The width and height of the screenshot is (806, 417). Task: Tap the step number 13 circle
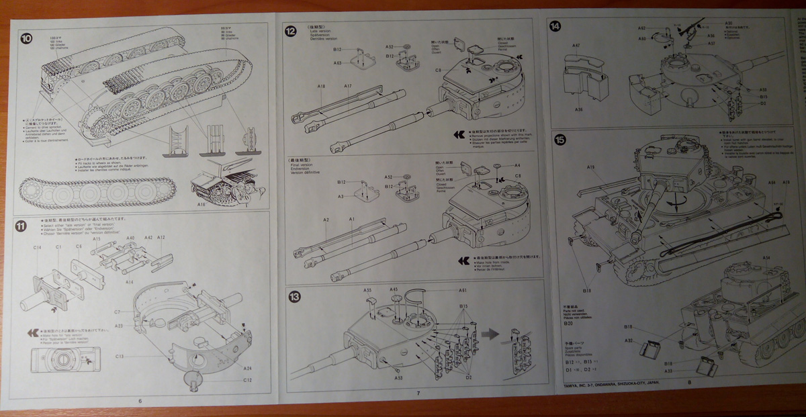point(293,296)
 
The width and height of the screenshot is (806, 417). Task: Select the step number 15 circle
point(560,140)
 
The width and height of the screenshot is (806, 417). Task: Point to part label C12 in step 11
point(247,380)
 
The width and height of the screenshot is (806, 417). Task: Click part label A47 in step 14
point(576,46)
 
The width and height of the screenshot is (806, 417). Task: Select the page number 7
point(418,393)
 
